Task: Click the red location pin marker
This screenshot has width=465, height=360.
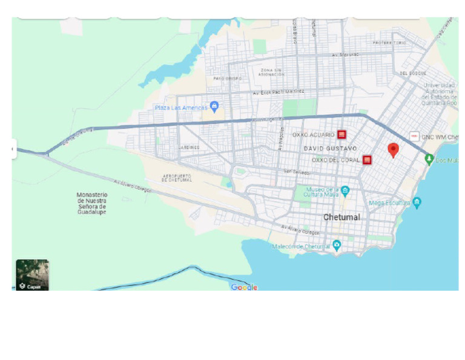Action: point(393,150)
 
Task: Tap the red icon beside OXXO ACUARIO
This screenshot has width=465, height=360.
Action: point(341,135)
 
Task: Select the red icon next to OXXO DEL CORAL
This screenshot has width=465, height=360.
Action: point(367,160)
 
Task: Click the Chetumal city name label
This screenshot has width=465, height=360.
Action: point(341,217)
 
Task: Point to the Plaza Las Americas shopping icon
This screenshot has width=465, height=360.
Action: point(214,107)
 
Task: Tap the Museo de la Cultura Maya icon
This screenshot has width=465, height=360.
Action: point(345,192)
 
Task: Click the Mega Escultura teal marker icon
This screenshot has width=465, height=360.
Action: point(417,203)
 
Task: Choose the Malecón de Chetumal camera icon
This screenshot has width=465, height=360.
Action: point(337,245)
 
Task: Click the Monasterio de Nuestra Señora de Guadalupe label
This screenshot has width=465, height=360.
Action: point(92,203)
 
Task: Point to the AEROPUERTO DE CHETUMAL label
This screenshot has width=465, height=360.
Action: point(177,178)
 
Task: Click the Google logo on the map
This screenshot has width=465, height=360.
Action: point(244,287)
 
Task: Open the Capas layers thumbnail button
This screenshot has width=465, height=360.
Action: point(32,275)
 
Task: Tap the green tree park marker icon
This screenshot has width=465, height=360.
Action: point(429,159)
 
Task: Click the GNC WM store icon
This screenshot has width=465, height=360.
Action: point(415,136)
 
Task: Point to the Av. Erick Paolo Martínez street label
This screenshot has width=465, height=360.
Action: point(278,92)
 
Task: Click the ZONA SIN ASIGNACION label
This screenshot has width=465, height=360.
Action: point(272,73)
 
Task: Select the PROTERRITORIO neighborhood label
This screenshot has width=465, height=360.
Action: point(389,43)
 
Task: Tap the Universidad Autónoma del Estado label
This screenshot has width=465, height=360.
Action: point(440,94)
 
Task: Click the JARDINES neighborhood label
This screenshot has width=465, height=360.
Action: point(189,147)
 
